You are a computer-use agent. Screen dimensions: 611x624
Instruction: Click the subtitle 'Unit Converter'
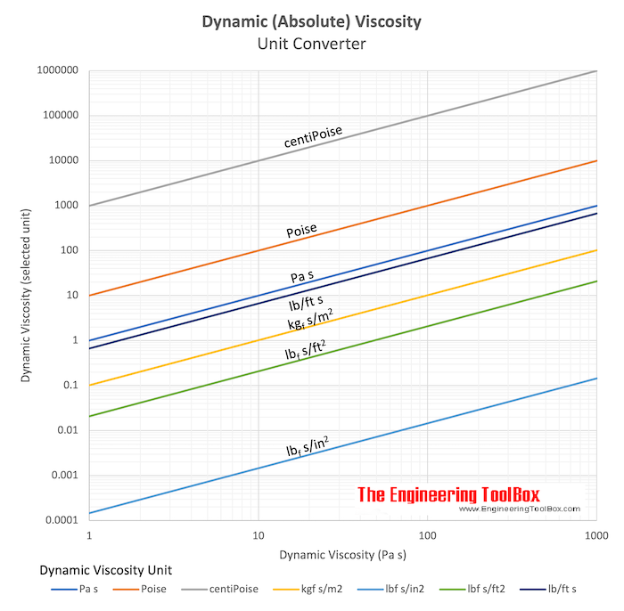tap(312, 43)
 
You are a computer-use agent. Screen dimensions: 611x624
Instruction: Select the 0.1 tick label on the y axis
tap(69, 385)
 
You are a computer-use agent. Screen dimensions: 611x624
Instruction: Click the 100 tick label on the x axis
tap(427, 537)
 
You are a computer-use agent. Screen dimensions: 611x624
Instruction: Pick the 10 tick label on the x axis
tap(259, 537)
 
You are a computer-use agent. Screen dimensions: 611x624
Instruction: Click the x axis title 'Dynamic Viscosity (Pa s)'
tap(343, 555)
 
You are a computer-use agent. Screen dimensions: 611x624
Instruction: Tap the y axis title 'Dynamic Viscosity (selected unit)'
tap(26, 295)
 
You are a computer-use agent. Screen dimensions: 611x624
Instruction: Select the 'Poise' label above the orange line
tap(302, 231)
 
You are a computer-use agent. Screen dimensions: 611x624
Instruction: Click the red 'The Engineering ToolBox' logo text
tap(448, 493)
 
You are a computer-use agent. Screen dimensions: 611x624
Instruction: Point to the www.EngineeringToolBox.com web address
tap(520, 509)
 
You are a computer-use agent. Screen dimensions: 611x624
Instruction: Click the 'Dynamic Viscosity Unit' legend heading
tap(106, 569)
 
